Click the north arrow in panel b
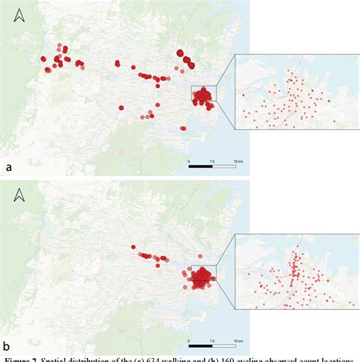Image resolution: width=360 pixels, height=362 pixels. [x=21, y=195]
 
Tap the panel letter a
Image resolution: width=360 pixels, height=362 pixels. [x=9, y=166]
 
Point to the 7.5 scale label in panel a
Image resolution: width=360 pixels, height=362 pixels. [x=213, y=162]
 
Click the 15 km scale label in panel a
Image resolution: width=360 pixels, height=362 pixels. [x=238, y=162]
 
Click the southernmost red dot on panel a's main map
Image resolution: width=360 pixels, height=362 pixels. [x=183, y=128]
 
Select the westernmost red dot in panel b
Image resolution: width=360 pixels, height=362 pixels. [x=133, y=247]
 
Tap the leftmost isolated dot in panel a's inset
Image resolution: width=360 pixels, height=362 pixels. [x=244, y=95]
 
